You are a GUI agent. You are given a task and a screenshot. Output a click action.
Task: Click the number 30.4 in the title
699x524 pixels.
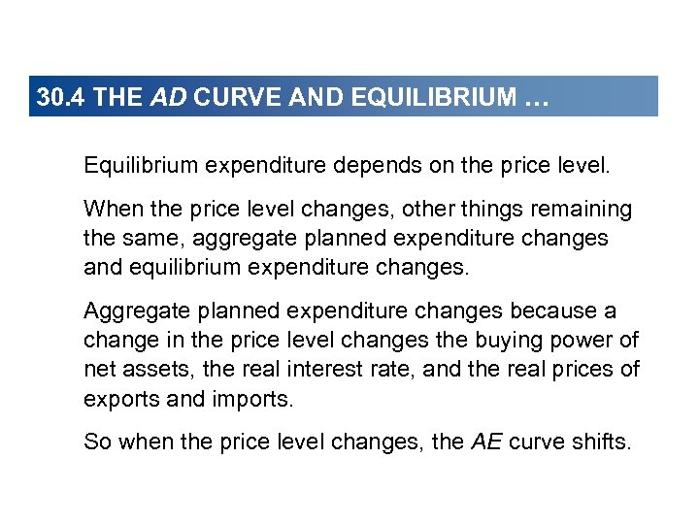coord(56,98)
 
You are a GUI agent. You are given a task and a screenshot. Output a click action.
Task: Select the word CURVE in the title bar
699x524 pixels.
coord(224,98)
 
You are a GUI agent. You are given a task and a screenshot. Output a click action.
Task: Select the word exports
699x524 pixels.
coord(118,399)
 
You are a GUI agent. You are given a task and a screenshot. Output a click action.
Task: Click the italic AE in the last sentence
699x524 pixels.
coord(487,442)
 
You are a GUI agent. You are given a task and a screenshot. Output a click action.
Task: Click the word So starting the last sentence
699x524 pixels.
coord(97,442)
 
